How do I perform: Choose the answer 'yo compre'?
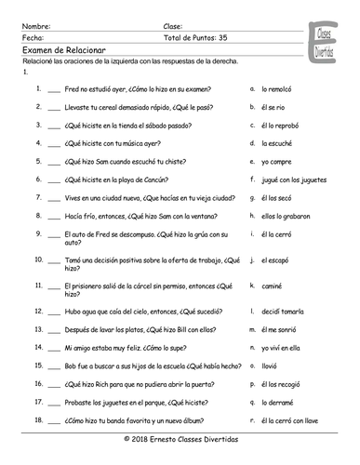click(x=277, y=176)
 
